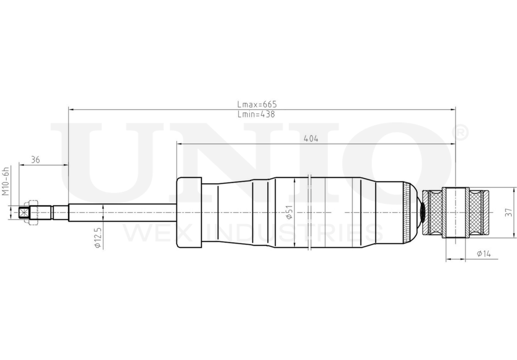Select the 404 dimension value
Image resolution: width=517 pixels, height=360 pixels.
click(311, 138)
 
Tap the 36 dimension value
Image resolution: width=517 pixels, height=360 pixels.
click(36, 160)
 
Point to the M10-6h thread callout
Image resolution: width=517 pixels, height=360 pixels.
click(6, 181)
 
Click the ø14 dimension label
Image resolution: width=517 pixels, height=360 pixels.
click(484, 253)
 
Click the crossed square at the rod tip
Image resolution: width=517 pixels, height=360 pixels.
click(23, 212)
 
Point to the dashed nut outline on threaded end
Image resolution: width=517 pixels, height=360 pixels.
click(32, 212)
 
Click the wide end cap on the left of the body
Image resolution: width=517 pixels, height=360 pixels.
click(189, 212)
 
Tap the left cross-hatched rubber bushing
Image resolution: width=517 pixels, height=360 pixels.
click(434, 212)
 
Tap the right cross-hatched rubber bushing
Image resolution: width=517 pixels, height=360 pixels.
click(478, 212)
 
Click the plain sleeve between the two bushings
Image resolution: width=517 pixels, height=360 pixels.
click(456, 212)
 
